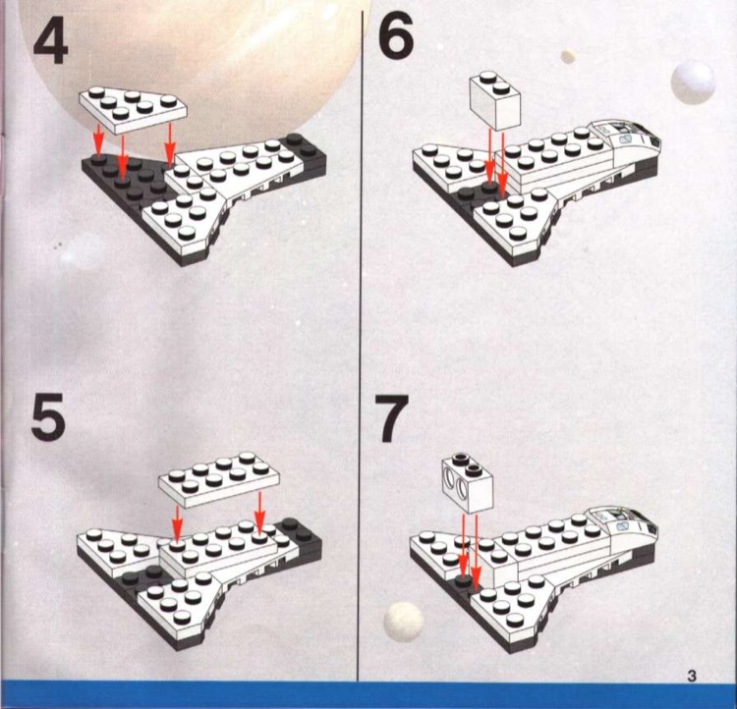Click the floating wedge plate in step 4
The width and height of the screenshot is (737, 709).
[129, 107]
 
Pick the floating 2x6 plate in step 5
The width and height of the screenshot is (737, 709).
[217, 475]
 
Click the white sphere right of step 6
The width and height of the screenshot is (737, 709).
[694, 81]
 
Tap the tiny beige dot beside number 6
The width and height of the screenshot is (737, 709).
[567, 55]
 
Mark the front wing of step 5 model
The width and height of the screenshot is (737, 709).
[182, 604]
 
